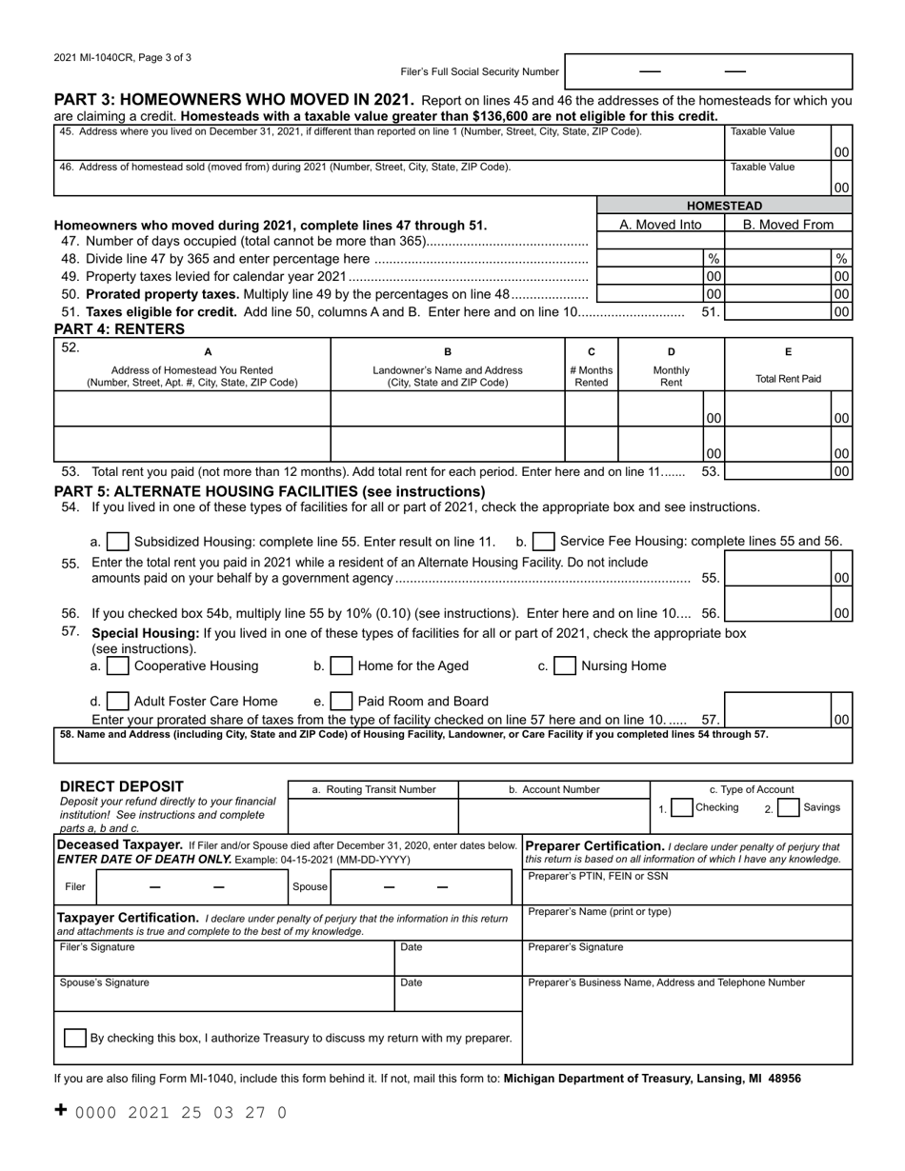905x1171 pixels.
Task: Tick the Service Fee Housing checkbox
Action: pyautogui.click(x=544, y=542)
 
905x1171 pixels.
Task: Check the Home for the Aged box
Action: pyautogui.click(x=341, y=666)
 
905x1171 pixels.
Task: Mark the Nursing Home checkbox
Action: pyautogui.click(x=565, y=666)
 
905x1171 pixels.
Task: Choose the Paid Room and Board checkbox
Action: pyautogui.click(x=341, y=702)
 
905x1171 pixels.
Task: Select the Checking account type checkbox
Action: pyautogui.click(x=681, y=808)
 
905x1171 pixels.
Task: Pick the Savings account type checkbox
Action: pyautogui.click(x=788, y=808)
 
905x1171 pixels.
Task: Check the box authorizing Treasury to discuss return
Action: pyautogui.click(x=74, y=1038)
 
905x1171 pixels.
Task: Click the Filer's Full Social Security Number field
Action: pyautogui.click(x=708, y=71)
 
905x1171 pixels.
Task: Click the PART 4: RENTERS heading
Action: pyautogui.click(x=119, y=329)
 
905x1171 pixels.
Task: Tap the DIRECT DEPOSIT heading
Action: pyautogui.click(x=122, y=786)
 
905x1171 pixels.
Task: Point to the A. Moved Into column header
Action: pyautogui.click(x=660, y=225)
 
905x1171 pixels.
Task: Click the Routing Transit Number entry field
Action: pyautogui.click(x=372, y=816)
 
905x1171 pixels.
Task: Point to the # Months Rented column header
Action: pyautogui.click(x=591, y=376)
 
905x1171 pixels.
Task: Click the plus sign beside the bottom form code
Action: pyautogui.click(x=61, y=1110)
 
